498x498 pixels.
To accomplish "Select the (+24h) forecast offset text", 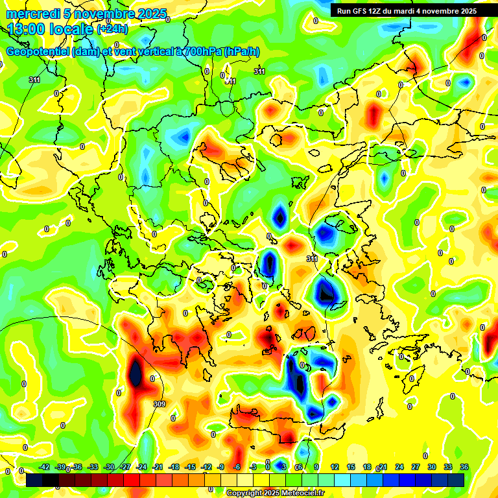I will click(x=112, y=29).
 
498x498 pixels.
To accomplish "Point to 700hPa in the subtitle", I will click(x=202, y=52).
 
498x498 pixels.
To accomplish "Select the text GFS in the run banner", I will click(x=364, y=11).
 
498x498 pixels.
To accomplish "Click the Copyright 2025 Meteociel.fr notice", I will click(x=276, y=493).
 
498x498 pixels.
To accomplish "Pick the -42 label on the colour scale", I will click(x=45, y=467).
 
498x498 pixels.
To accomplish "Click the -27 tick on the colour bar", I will click(x=126, y=467).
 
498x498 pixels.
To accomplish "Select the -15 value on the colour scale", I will click(x=190, y=467).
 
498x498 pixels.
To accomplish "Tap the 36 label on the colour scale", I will click(x=464, y=467).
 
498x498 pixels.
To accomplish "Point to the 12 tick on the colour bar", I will click(x=335, y=467).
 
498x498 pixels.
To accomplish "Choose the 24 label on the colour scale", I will click(x=399, y=467).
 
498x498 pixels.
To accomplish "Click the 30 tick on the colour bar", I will click(x=432, y=467).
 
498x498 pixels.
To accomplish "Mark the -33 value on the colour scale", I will click(x=93, y=467).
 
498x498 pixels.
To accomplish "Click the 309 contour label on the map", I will click(x=160, y=404).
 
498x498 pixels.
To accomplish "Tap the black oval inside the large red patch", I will click(x=136, y=373).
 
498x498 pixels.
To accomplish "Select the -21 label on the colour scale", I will click(x=158, y=467).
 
